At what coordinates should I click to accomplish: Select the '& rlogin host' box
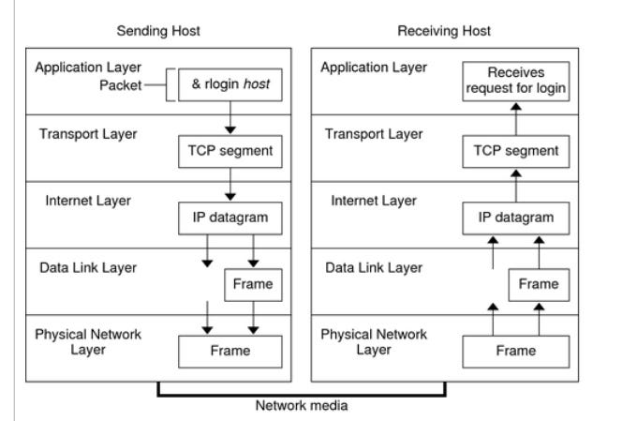[x=229, y=90]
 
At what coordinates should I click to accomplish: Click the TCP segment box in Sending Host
[x=229, y=151]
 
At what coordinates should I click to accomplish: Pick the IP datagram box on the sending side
[x=229, y=218]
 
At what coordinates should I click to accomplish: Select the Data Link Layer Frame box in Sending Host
[x=251, y=283]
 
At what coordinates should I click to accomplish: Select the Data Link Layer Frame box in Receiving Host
[x=538, y=283]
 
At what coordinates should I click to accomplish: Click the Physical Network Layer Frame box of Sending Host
[x=230, y=352]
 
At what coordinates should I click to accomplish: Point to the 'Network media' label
[x=301, y=407]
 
